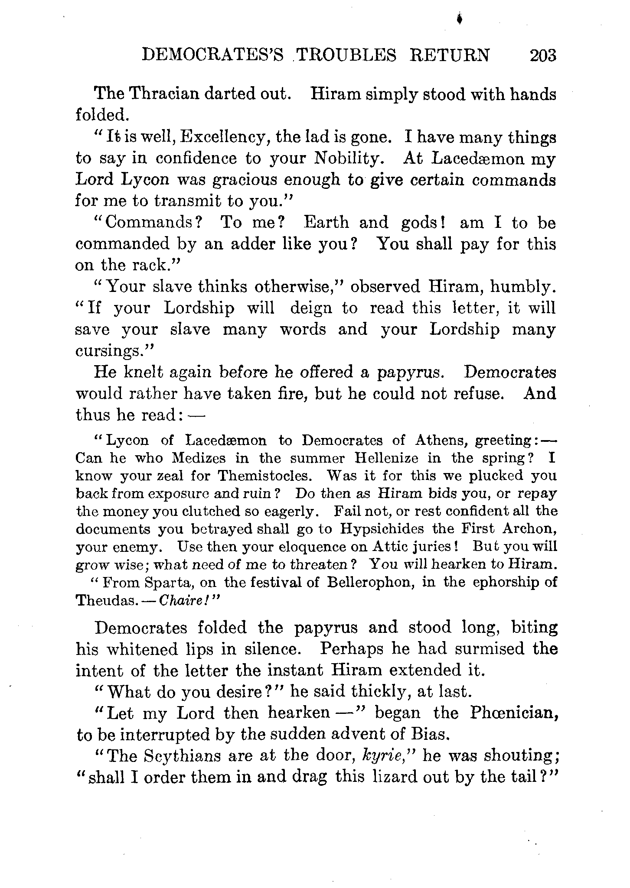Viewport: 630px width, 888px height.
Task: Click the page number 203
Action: click(542, 55)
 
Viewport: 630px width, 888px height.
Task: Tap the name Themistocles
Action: click(264, 476)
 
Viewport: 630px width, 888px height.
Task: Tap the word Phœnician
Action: click(513, 713)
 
